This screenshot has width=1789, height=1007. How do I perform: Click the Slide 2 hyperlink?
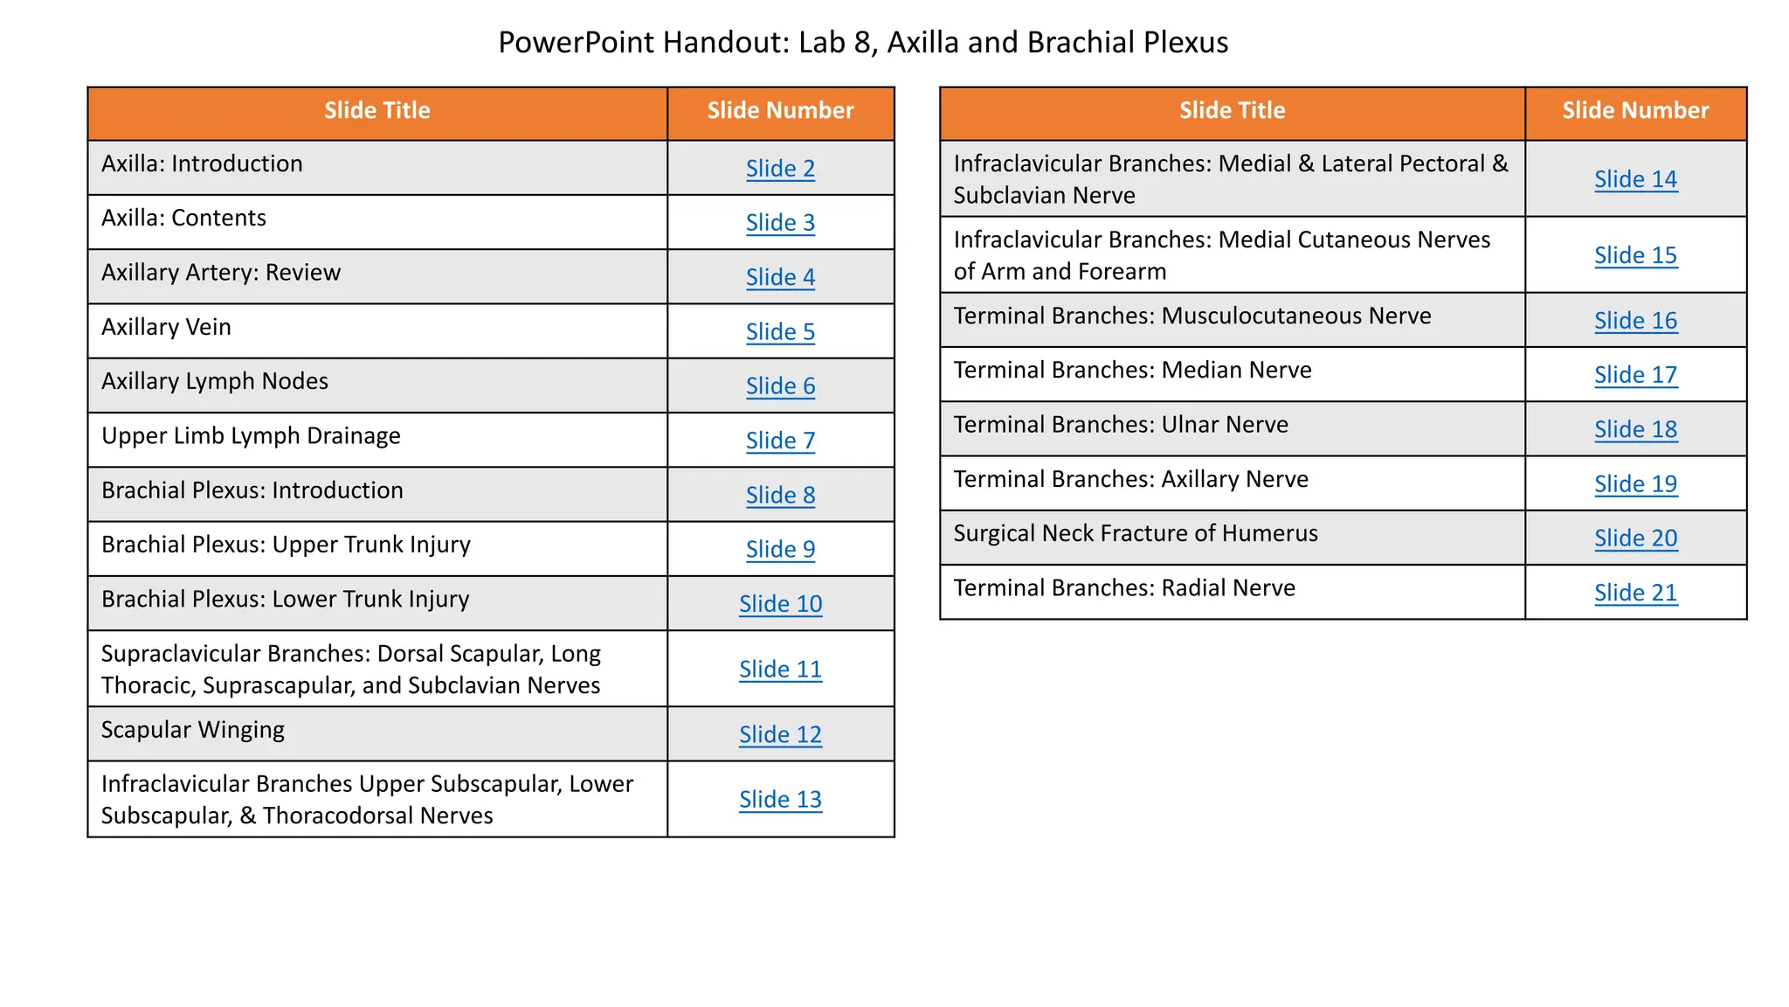(780, 169)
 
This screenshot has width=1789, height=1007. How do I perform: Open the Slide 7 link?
(780, 441)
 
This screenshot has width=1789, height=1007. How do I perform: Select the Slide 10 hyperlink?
(780, 604)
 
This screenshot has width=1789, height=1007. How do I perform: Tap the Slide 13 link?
(780, 800)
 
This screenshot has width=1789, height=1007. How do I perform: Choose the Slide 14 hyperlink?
(1635, 179)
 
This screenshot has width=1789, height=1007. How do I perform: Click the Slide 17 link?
(1635, 375)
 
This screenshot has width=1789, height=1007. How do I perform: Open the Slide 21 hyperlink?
(1635, 593)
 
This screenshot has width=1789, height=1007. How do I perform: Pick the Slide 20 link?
(1635, 538)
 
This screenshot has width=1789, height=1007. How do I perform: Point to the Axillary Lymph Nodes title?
(215, 382)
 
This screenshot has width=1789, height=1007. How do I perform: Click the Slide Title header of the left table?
(376, 111)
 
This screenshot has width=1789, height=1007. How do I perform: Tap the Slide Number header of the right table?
(1635, 111)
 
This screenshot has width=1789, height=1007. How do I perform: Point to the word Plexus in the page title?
(1185, 43)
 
